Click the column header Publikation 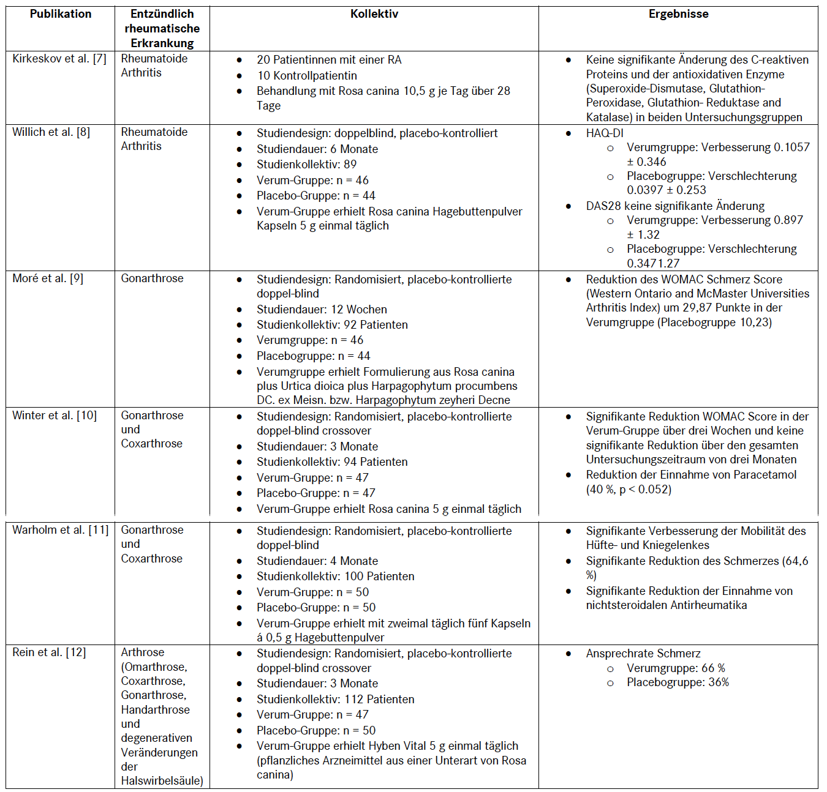61,14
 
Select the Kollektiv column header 374,14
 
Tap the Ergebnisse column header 678,14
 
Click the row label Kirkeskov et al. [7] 59,59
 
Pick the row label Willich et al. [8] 51,132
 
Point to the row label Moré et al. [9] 48,278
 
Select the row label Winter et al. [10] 55,416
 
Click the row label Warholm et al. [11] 60,530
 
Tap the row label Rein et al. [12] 49,652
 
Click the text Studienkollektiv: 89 306,165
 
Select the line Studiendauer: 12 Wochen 322,310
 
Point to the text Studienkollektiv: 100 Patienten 335,577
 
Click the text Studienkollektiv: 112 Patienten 335,700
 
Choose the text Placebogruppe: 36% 678,682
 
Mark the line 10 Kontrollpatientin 306,76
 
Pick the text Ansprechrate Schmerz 643,654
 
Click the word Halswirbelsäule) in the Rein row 162,781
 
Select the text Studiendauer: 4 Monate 317,561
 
